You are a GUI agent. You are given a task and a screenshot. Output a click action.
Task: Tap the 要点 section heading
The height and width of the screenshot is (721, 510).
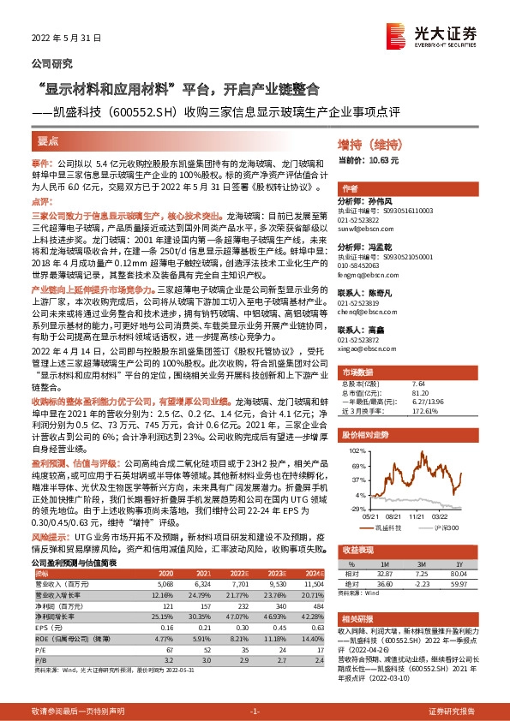48,140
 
